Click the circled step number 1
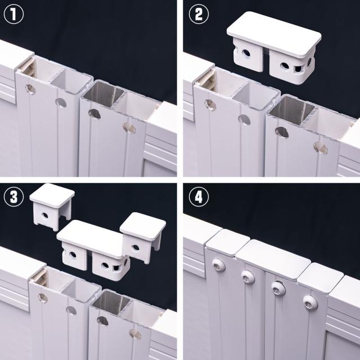13,14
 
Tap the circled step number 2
199,14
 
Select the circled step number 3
13,196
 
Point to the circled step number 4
199,196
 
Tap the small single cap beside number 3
52,206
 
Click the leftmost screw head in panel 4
218,265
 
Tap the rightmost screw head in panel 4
310,302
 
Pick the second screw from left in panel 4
248,277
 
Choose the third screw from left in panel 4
278,288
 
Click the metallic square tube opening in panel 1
103,94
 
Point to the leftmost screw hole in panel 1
30,89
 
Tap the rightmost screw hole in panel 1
129,128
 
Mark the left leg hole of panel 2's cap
246,54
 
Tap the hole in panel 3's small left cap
45,215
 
